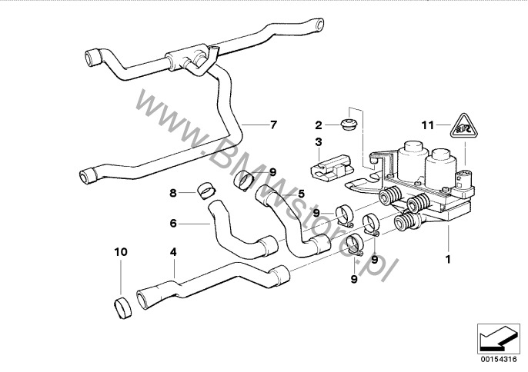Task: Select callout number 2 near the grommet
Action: click(317, 125)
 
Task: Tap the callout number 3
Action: click(317, 142)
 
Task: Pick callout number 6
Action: click(174, 224)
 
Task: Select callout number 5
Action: click(301, 194)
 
